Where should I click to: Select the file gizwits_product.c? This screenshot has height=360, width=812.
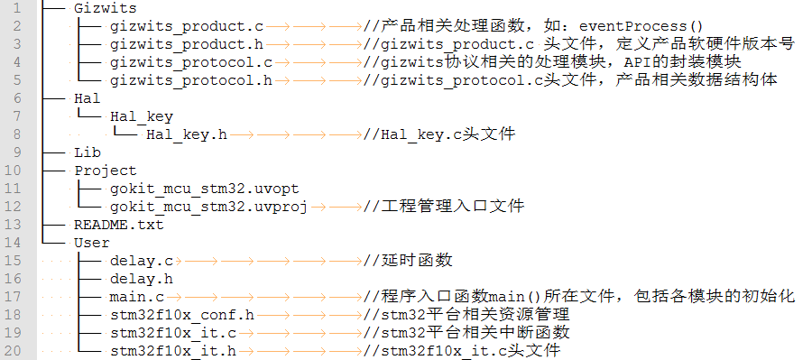[x=187, y=26]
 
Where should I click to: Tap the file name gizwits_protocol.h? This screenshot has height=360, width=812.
[x=191, y=80]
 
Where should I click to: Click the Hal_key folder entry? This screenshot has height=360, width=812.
[x=141, y=116]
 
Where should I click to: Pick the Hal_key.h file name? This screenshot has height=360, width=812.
[x=186, y=134]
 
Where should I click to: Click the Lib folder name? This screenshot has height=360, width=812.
[x=88, y=152]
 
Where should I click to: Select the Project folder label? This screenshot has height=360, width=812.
[x=105, y=171]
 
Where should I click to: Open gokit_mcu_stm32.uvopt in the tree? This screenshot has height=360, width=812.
[x=204, y=189]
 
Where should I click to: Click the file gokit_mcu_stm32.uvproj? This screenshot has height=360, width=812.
[x=208, y=207]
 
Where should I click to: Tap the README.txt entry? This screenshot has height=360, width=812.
[x=118, y=225]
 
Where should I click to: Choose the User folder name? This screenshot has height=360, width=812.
[x=91, y=243]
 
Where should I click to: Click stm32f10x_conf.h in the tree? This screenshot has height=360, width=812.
[x=181, y=315]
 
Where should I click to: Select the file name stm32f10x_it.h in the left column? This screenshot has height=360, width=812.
[x=172, y=351]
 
